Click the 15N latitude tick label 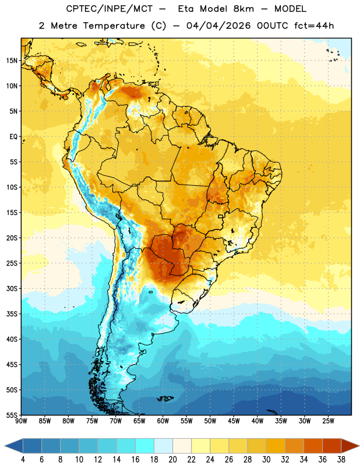(12, 61)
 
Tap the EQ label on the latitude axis (13, 137)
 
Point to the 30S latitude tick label (12, 288)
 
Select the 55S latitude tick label (12, 415)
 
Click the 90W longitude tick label (21, 421)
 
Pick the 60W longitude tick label (163, 421)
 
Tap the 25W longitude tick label (328, 421)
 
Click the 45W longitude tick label (234, 421)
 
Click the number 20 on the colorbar (172, 460)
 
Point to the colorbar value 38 (341, 460)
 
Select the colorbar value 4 (23, 460)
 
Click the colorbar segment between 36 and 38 (332, 446)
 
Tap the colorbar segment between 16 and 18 (145, 446)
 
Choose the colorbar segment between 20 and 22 (182, 446)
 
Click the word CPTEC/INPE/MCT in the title (110, 9)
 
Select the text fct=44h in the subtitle (314, 26)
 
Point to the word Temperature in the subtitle (114, 26)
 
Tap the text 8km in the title (243, 9)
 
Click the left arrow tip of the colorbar (5, 446)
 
